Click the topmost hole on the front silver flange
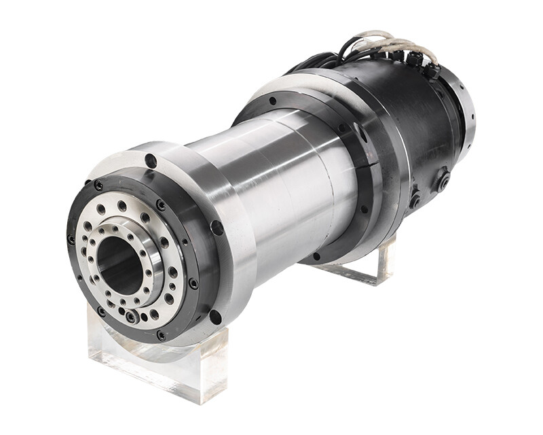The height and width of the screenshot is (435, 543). [x=151, y=162]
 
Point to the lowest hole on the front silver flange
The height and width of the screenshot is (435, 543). [x=215, y=317]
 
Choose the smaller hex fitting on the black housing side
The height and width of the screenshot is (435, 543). [x=415, y=201]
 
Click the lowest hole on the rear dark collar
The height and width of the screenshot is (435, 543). [x=316, y=256]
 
